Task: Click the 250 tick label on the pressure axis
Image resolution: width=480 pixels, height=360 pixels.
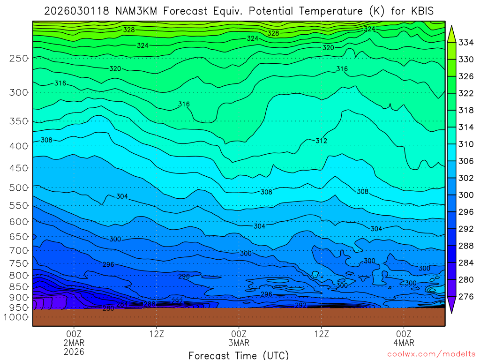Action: click(18, 58)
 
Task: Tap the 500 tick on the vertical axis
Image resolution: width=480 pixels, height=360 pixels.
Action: click(18, 187)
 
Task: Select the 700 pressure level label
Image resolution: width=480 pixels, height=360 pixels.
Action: click(18, 250)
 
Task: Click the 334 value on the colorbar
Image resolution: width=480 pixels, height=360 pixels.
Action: click(465, 43)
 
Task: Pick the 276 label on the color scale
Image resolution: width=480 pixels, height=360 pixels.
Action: click(465, 296)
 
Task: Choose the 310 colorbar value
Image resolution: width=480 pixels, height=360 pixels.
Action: click(465, 144)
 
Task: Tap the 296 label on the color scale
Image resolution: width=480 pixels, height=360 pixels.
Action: click(465, 212)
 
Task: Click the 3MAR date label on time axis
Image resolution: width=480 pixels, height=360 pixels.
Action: click(239, 343)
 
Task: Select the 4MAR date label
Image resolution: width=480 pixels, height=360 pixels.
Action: click(404, 343)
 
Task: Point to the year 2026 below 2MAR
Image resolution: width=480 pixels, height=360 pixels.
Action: click(74, 351)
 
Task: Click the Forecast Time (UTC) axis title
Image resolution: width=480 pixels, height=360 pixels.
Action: click(239, 355)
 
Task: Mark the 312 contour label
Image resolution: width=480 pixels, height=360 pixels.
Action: click(321, 141)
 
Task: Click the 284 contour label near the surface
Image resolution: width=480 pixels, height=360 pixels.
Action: click(122, 304)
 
